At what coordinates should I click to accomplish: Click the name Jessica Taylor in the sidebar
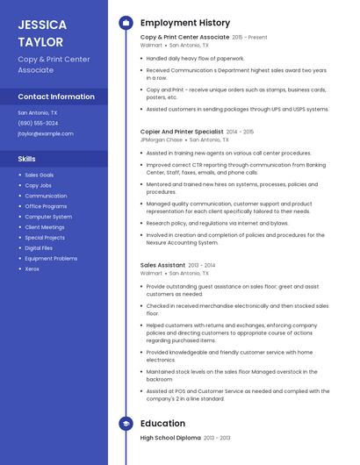click(x=40, y=32)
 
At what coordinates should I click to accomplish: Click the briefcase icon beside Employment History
click(x=126, y=23)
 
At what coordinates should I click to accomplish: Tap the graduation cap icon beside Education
click(x=126, y=423)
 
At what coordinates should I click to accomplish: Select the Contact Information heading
click(x=56, y=97)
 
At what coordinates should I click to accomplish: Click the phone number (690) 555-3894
click(x=38, y=123)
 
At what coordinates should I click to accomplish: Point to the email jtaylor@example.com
click(x=46, y=133)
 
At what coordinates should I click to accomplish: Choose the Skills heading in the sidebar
click(x=27, y=159)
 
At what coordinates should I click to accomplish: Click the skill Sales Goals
click(x=39, y=175)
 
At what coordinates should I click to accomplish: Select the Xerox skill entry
click(x=32, y=268)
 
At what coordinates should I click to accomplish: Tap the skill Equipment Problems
click(x=51, y=258)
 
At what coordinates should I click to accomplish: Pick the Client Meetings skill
click(x=45, y=227)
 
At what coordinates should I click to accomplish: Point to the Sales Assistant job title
click(x=162, y=265)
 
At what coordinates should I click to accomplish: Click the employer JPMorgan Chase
click(x=162, y=139)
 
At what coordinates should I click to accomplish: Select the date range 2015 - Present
click(x=250, y=38)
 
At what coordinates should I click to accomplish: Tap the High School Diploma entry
click(x=170, y=437)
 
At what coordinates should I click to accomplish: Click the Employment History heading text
click(x=185, y=23)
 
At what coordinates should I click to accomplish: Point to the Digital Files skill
click(x=39, y=248)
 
